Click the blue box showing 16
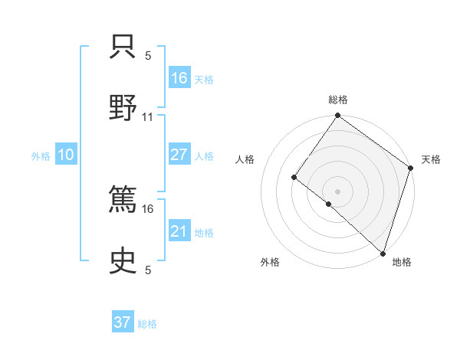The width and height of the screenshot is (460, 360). point(179,78)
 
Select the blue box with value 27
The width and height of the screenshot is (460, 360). point(179,155)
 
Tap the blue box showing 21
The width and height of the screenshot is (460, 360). point(179,232)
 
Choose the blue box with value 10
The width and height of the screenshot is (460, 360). point(65,155)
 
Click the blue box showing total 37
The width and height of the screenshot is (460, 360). point(123,322)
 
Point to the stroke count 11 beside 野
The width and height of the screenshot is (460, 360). point(148,117)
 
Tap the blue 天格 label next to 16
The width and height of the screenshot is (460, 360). point(204,79)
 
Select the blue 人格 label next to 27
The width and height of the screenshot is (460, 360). point(204,155)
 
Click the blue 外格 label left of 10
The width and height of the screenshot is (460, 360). point(41,155)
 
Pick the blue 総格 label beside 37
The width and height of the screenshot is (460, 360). point(147,323)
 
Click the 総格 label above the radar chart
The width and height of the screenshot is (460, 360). point(338,100)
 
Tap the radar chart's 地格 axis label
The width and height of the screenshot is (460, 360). point(402,262)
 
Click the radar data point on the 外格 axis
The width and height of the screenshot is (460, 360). point(329,204)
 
